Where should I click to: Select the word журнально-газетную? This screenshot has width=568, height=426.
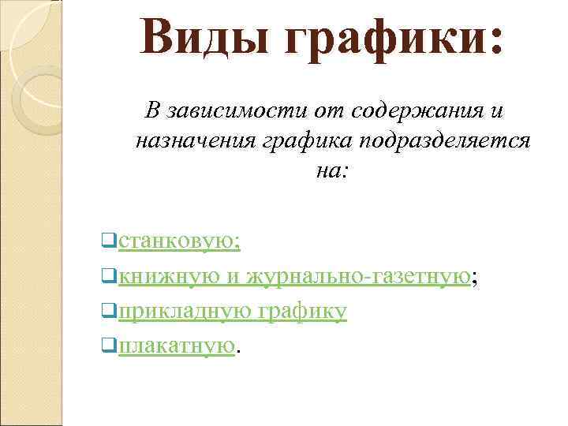[x=360, y=275]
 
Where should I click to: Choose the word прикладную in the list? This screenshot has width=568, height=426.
[x=185, y=312]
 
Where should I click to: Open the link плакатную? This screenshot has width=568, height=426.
[x=177, y=346]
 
